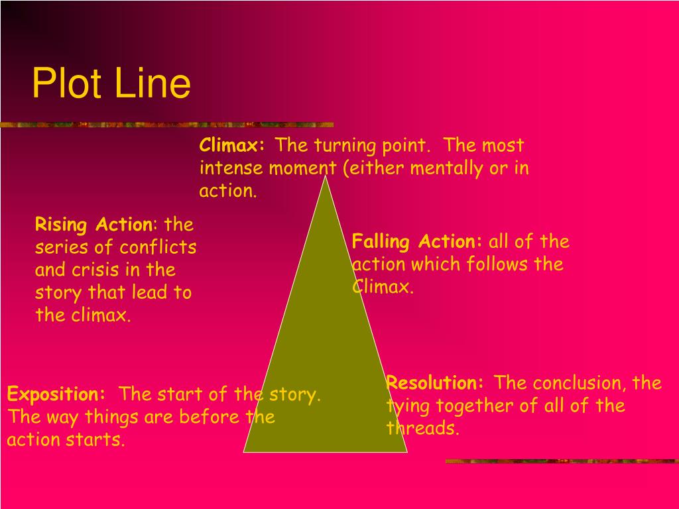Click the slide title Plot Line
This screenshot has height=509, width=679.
111,84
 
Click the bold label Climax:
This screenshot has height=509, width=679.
232,145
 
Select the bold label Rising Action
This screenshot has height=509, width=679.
93,225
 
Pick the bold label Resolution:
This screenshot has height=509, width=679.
436,383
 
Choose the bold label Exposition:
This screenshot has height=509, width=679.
56,395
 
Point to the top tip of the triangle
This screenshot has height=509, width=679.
326,177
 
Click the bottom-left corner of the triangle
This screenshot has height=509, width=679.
245,451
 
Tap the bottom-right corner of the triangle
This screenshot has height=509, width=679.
406,451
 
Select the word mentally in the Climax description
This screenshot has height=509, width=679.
448,168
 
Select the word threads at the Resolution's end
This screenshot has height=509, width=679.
424,429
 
